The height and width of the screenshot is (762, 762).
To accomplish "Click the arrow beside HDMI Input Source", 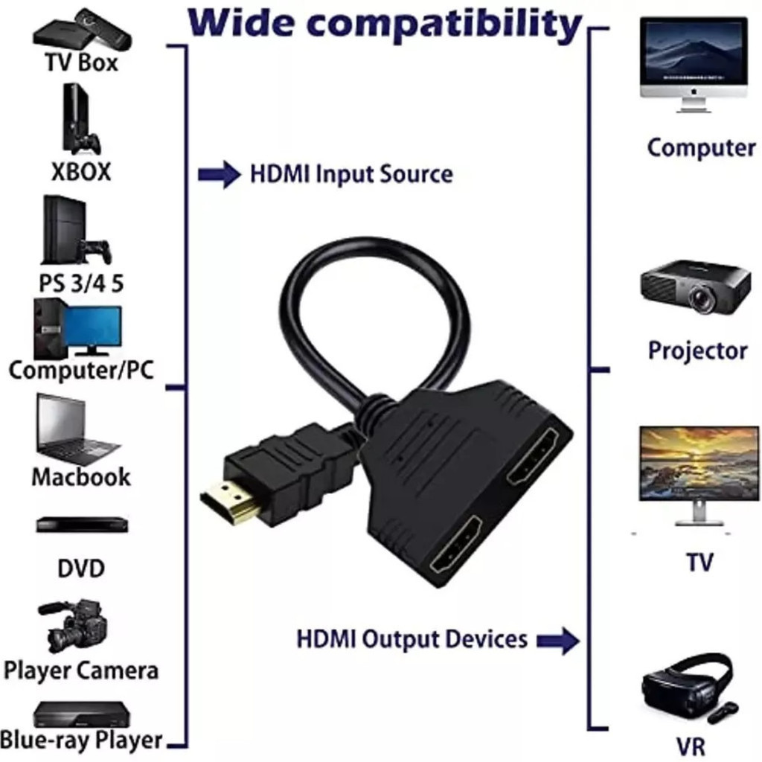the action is (220, 174).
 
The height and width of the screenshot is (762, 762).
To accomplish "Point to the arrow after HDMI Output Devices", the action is (558, 641).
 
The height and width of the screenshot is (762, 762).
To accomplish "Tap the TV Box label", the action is (81, 63).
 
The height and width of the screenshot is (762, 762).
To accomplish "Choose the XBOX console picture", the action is (81, 120).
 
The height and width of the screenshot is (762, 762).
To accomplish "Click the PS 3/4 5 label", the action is (81, 284).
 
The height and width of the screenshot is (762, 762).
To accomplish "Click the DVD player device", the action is (82, 525).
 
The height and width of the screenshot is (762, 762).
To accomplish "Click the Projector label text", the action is (698, 350).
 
